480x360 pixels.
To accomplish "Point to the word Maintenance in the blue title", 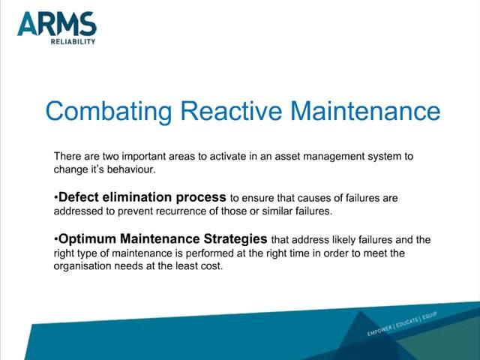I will (x=364, y=111).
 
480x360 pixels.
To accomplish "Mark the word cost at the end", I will (x=211, y=266).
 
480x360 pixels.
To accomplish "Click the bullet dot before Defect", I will (x=55, y=199).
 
